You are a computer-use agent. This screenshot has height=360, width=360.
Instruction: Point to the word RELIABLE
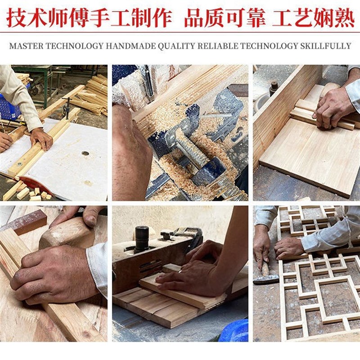(x=216, y=46)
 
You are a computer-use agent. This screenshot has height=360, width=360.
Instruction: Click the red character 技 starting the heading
(x=16, y=18)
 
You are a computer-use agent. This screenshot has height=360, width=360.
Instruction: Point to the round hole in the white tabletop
(x=85, y=153)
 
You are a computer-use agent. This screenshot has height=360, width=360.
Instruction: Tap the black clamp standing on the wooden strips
(x=67, y=107)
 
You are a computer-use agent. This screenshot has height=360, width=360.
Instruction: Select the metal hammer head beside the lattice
(x=265, y=279)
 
